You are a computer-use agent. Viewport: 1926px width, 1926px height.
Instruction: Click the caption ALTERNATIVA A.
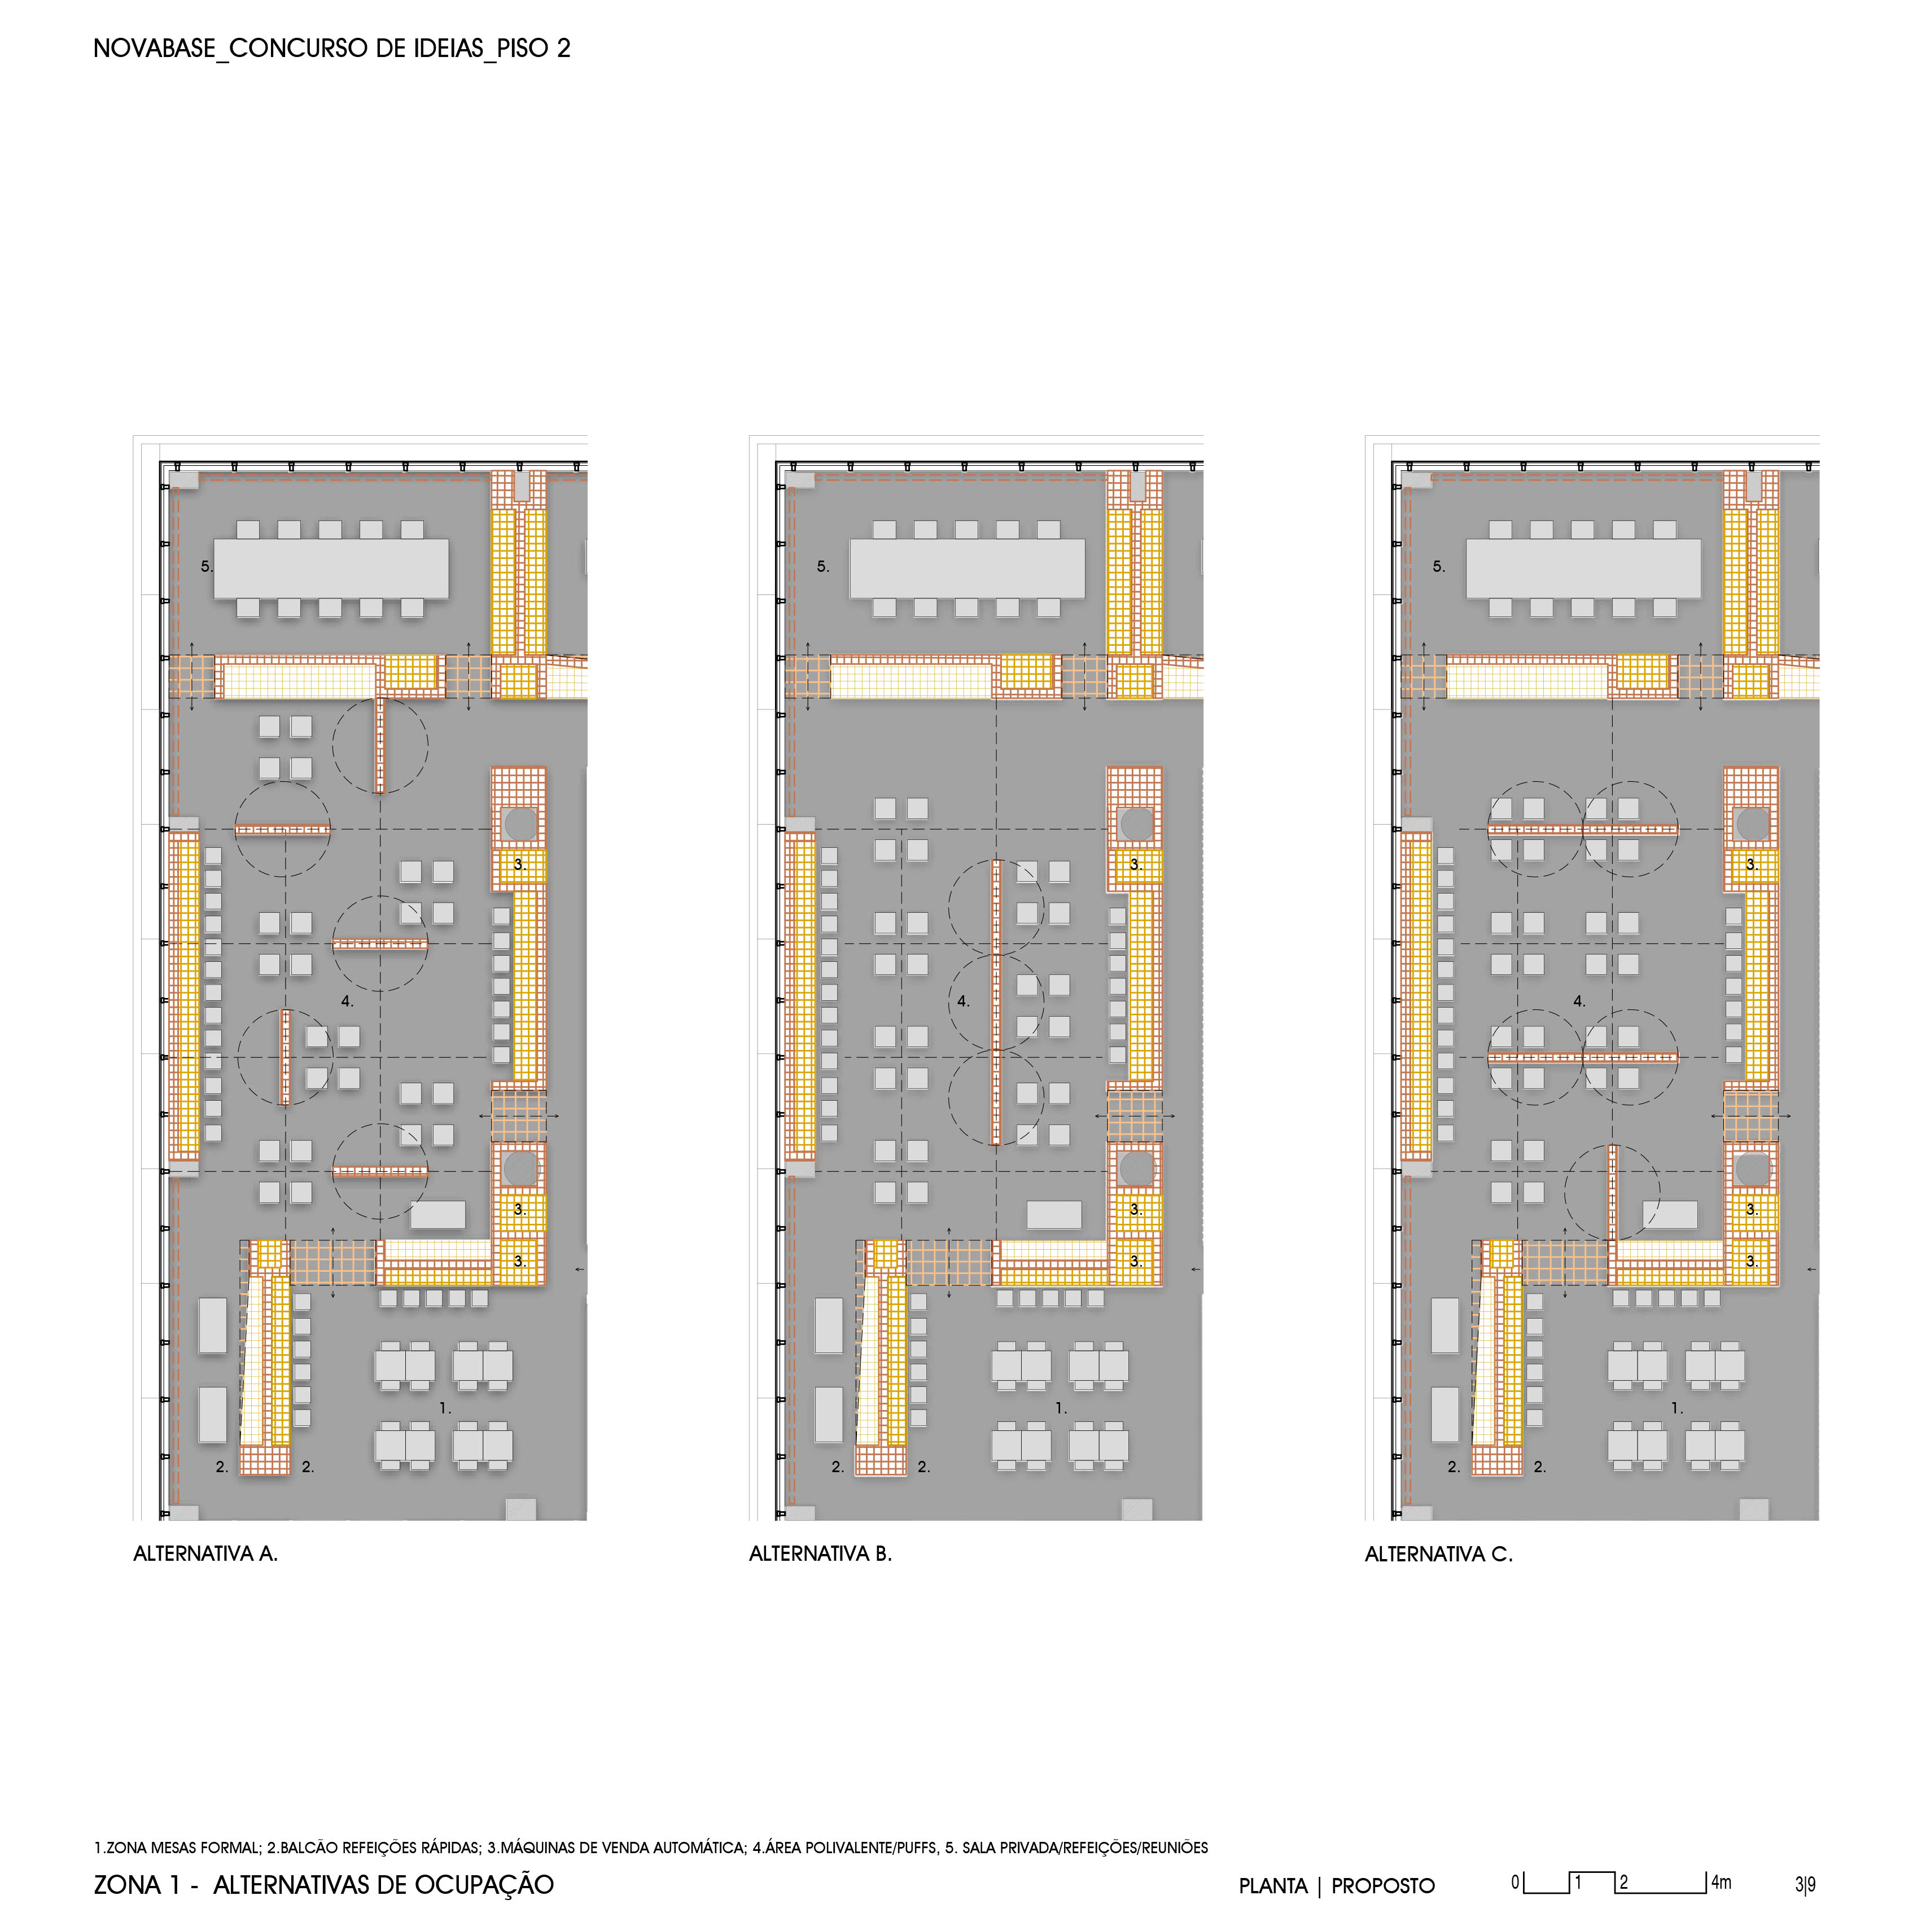(x=205, y=1553)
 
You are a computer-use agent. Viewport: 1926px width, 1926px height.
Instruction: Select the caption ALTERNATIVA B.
(x=820, y=1553)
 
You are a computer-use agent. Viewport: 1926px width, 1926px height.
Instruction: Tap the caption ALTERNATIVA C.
(x=1438, y=1553)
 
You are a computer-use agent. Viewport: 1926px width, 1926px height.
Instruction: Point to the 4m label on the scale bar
(x=1722, y=1882)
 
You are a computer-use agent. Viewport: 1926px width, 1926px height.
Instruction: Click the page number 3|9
(x=1805, y=1884)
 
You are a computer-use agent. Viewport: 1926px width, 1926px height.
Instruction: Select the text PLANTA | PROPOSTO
(x=1337, y=1886)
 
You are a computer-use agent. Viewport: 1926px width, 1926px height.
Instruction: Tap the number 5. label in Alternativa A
(x=207, y=566)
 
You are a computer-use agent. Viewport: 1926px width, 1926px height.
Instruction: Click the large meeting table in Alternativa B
(x=967, y=568)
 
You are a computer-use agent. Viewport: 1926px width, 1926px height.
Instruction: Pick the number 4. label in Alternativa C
(x=1579, y=1001)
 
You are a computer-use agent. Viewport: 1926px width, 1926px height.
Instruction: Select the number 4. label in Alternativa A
(x=347, y=1001)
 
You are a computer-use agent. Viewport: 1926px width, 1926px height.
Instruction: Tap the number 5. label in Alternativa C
(x=1438, y=566)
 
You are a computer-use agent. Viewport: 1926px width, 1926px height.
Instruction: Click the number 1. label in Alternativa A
(x=445, y=1408)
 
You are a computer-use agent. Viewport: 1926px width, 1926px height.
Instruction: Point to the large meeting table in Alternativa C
(x=1583, y=568)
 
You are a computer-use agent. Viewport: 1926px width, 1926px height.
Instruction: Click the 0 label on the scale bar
(x=1515, y=1882)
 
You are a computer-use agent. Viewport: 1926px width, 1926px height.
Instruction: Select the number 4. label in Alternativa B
(x=963, y=1001)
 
